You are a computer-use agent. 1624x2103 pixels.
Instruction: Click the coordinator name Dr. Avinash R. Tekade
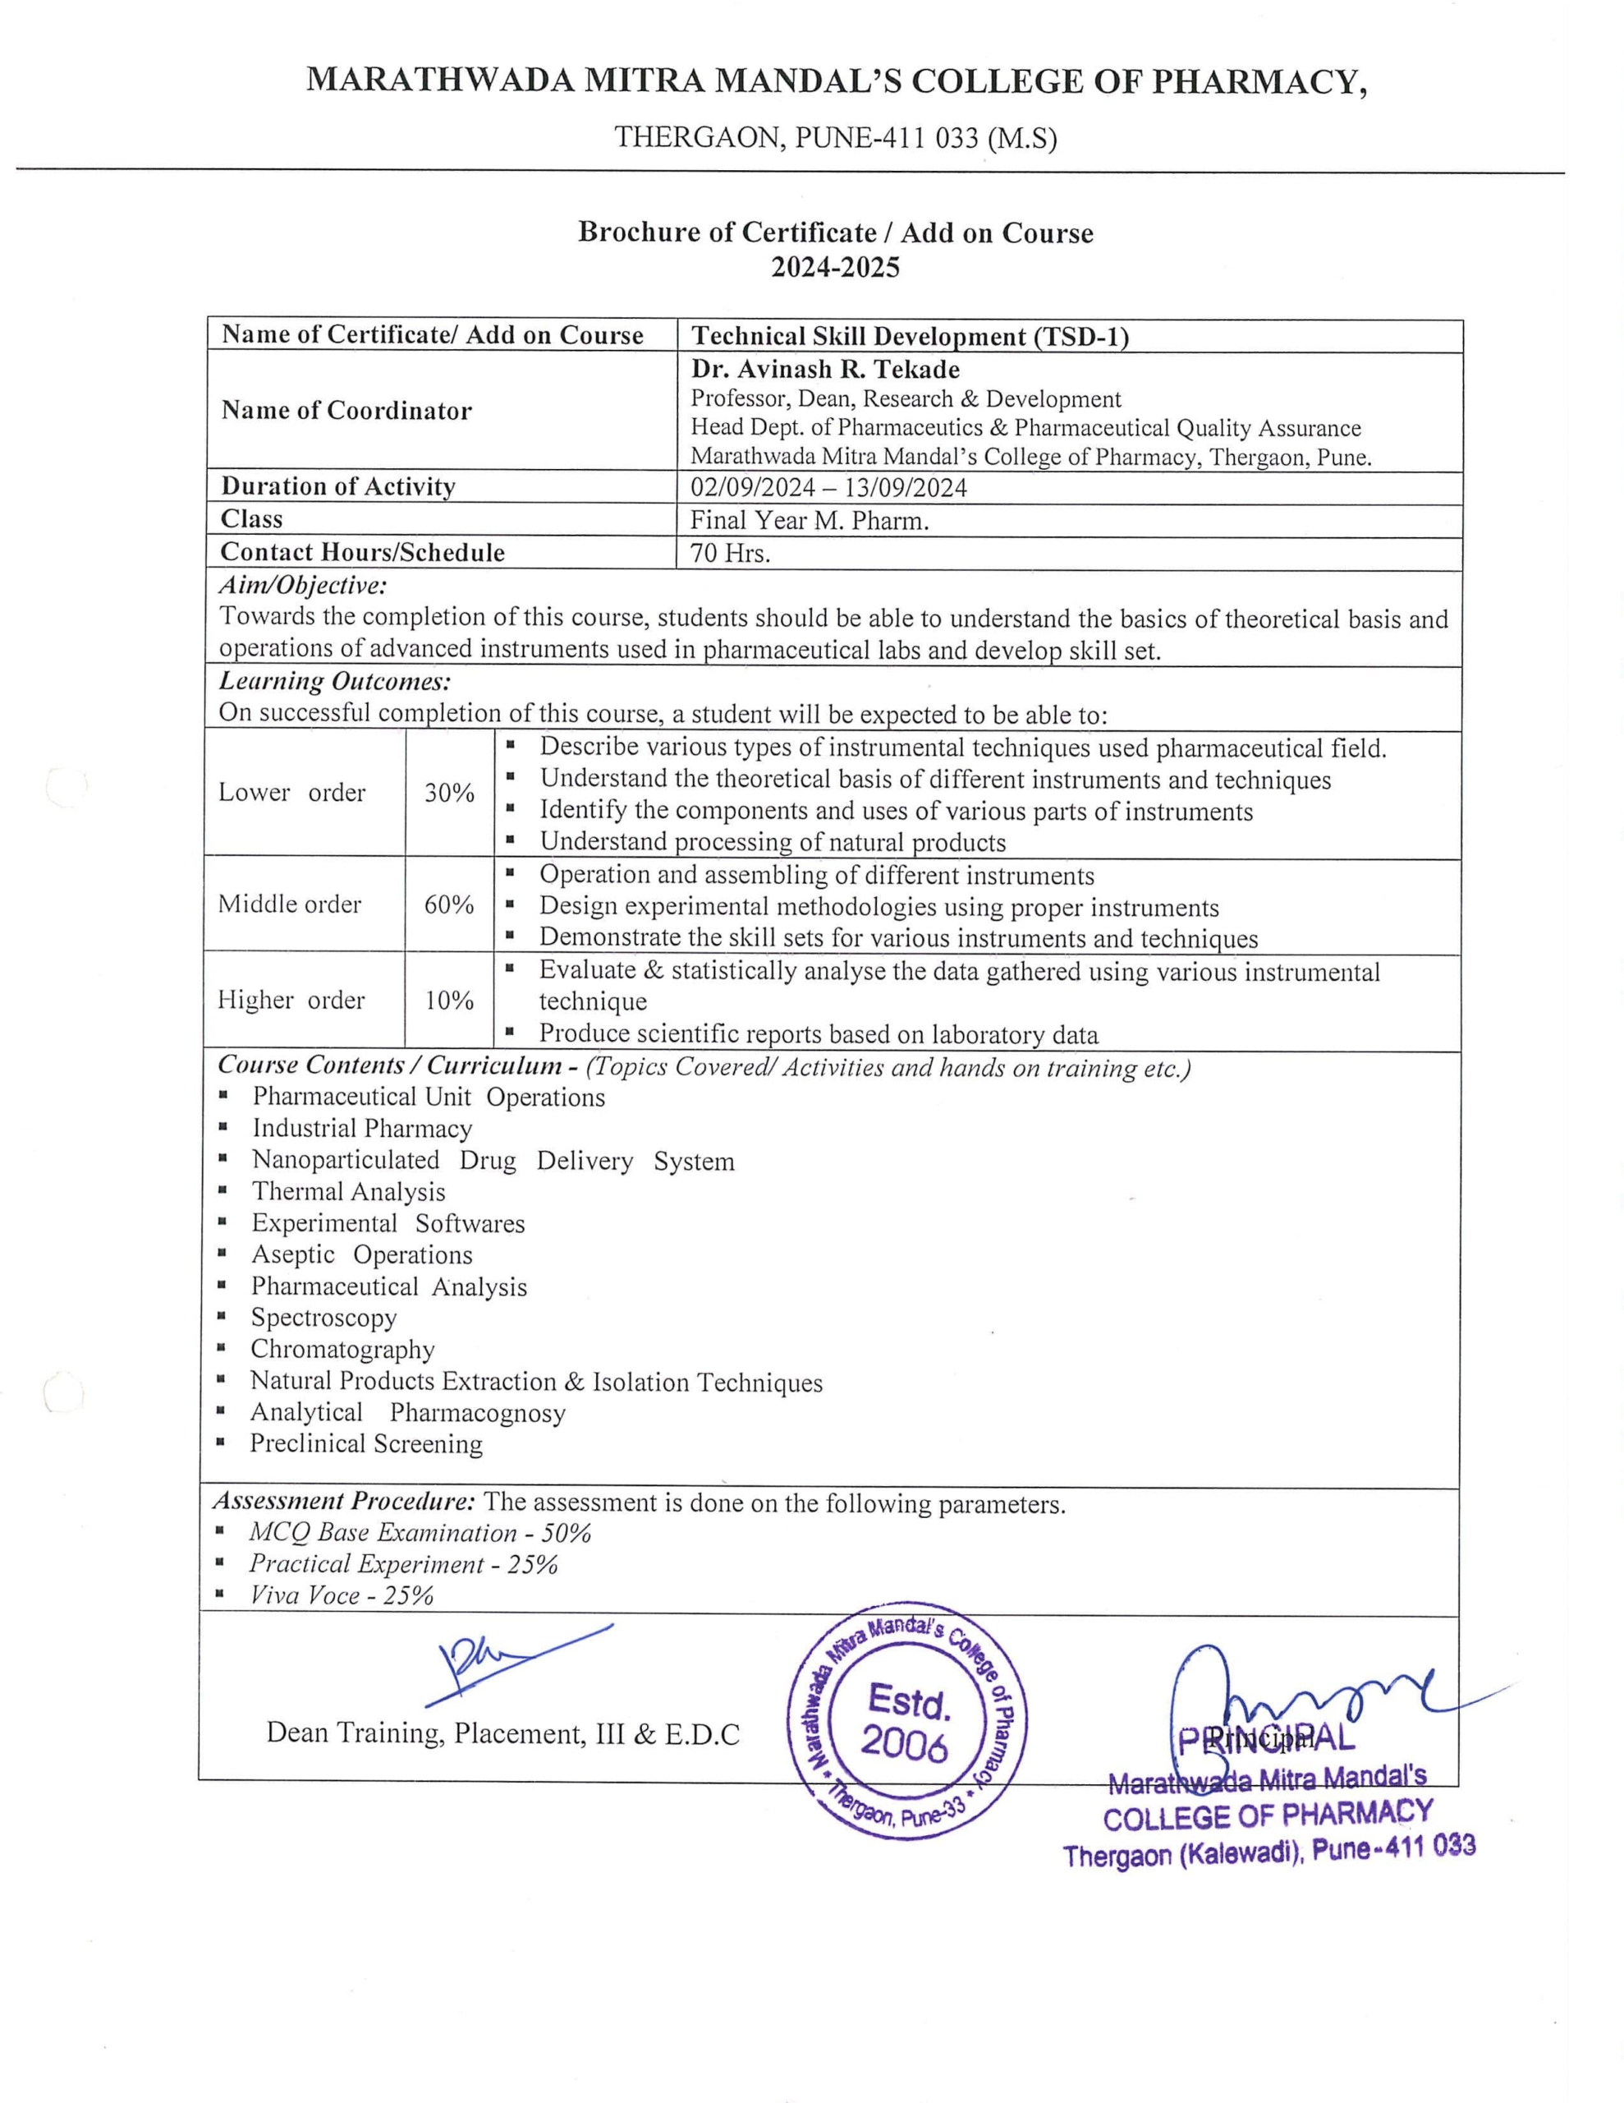(x=825, y=370)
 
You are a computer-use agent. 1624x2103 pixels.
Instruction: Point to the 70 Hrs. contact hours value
(x=731, y=553)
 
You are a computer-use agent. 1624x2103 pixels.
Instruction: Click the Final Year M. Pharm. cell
(x=809, y=520)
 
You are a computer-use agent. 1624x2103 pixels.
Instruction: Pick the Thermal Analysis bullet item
(x=348, y=1192)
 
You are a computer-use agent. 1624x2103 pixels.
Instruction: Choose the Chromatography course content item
(x=342, y=1349)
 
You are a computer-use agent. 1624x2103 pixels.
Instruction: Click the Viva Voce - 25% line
(x=342, y=1595)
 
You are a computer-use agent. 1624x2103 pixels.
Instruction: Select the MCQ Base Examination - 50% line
(x=420, y=1533)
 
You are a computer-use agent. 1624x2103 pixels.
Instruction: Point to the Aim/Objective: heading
(x=303, y=586)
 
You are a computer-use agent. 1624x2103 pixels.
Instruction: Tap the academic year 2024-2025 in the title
(x=835, y=267)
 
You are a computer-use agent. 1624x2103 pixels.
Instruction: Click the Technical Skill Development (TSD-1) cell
(x=910, y=336)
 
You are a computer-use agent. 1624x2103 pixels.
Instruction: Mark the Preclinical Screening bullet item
(x=366, y=1443)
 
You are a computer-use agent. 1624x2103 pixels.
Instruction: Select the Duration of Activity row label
(x=338, y=486)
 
